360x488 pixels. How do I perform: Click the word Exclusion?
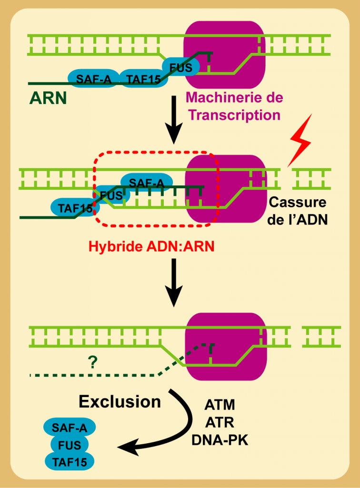(x=120, y=402)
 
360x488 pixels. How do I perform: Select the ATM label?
(x=220, y=406)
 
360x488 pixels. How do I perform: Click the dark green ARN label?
(x=48, y=98)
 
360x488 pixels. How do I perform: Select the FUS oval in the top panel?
(x=181, y=67)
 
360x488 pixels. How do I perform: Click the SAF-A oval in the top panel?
(x=94, y=79)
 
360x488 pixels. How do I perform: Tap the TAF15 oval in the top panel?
(x=143, y=79)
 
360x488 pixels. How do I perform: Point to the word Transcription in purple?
(x=232, y=115)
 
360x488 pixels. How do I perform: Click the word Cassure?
(x=298, y=203)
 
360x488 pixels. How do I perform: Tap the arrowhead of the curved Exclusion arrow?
(x=125, y=448)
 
